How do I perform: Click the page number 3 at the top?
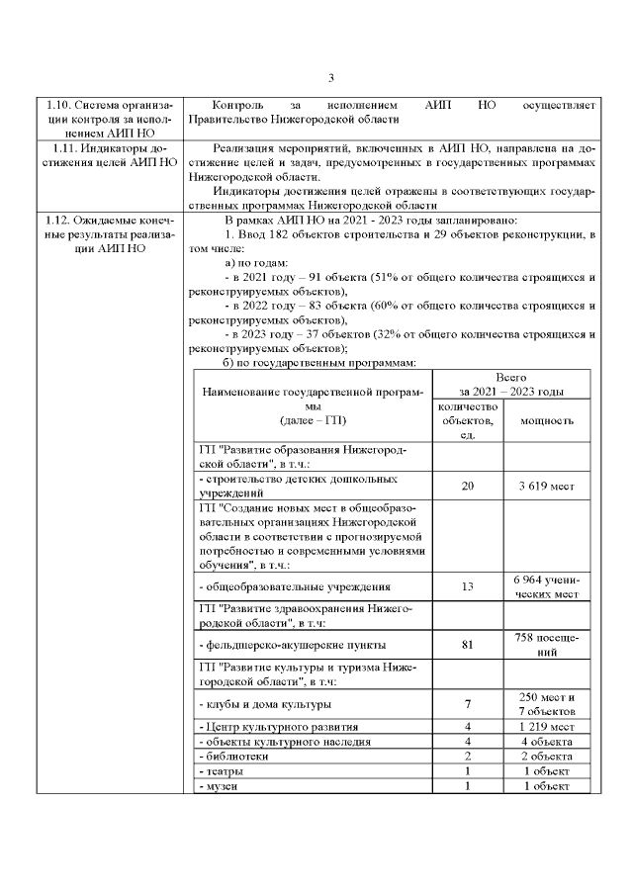pyautogui.click(x=331, y=78)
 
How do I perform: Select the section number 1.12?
pyautogui.click(x=55, y=219)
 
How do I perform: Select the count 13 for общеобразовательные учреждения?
pyautogui.click(x=468, y=586)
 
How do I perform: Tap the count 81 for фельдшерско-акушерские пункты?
pyautogui.click(x=468, y=646)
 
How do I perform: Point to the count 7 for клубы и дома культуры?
pyautogui.click(x=468, y=704)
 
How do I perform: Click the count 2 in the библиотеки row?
pyautogui.click(x=468, y=756)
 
